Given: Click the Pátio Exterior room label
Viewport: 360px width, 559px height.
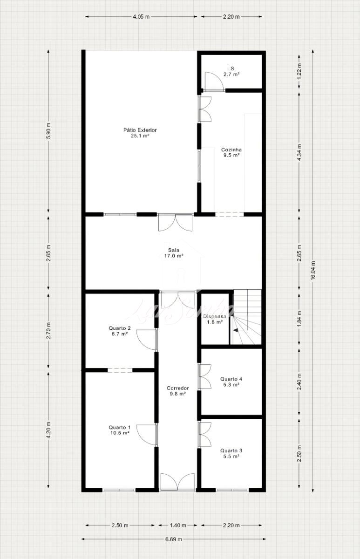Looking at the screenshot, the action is tap(140, 133).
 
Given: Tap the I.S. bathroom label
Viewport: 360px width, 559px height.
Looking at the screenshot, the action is tap(231, 71).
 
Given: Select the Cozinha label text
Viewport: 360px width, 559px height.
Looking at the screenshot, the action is tap(231, 152).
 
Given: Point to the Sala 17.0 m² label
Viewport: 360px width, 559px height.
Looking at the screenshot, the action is tap(174, 253).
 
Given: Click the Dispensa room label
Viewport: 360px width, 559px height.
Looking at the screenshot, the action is tap(215, 319).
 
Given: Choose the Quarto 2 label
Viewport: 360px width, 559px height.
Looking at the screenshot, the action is tap(120, 331).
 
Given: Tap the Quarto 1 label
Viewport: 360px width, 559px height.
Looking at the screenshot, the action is tap(120, 430).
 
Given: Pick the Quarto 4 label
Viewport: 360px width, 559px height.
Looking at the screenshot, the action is tap(231, 382).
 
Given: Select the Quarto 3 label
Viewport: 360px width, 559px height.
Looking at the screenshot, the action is tap(231, 453).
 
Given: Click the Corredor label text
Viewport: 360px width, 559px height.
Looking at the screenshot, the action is tap(177, 391).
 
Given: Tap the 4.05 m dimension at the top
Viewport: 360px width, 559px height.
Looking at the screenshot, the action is tap(141, 17).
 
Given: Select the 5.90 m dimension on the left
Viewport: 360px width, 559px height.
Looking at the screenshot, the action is tap(48, 131).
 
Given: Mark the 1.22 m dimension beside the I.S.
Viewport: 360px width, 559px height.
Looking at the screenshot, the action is tap(299, 71).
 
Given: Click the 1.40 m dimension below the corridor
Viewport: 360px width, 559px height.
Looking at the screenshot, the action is tap(178, 523).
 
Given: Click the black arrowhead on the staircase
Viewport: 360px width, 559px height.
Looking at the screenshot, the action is tap(235, 330).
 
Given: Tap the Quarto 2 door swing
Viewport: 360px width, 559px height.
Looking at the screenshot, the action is tap(146, 340).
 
